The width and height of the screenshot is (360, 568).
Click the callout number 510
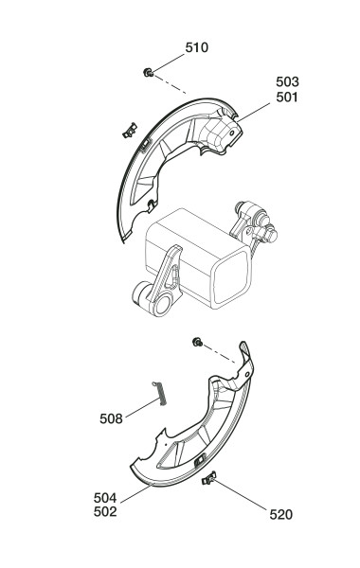[196, 47]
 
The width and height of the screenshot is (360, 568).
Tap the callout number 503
[287, 81]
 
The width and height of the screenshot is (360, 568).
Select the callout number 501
[287, 98]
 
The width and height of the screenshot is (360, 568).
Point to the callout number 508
[111, 418]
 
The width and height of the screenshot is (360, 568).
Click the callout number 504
[105, 498]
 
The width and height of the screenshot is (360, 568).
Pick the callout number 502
[105, 511]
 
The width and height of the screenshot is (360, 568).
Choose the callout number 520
[280, 514]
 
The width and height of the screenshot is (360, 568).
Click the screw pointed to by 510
[148, 73]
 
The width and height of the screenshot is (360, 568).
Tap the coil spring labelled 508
[160, 394]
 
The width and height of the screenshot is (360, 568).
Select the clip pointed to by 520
[208, 478]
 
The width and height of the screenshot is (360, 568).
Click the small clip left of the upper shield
[130, 131]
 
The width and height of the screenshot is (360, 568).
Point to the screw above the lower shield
[198, 342]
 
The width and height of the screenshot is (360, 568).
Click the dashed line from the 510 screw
[170, 84]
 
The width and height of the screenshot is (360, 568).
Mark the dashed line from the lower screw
[220, 353]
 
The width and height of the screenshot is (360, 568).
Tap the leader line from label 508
[143, 407]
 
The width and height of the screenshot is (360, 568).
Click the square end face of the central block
[231, 277]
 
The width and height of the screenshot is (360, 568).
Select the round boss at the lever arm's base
[162, 303]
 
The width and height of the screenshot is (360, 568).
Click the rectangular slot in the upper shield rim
[145, 144]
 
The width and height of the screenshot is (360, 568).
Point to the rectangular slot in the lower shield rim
[200, 460]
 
